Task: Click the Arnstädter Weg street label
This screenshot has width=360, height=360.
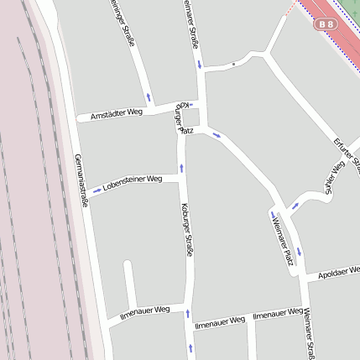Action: pyautogui.click(x=117, y=112)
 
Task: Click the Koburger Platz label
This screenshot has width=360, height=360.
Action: pyautogui.click(x=181, y=121)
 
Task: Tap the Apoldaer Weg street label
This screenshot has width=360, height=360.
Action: pyautogui.click(x=339, y=272)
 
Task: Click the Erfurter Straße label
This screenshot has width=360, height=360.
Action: pyautogui.click(x=347, y=154)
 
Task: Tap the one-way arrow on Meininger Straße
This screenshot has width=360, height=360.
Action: pyautogui.click(x=149, y=97)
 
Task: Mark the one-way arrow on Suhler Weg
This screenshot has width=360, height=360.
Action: pyautogui.click(x=295, y=206)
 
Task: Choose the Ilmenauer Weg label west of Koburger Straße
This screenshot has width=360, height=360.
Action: pyautogui.click(x=144, y=314)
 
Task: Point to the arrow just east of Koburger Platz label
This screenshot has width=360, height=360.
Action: pyautogui.click(x=217, y=134)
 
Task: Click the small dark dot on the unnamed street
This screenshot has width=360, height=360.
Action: pyautogui.click(x=233, y=64)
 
